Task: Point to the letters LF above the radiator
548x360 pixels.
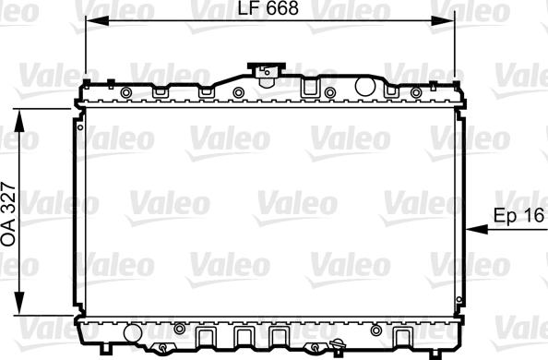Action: pos(242,10)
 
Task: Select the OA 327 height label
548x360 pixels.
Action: pos(9,211)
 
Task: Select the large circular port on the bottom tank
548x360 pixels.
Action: pos(131,331)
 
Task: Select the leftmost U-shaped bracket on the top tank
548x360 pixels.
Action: pos(160,90)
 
